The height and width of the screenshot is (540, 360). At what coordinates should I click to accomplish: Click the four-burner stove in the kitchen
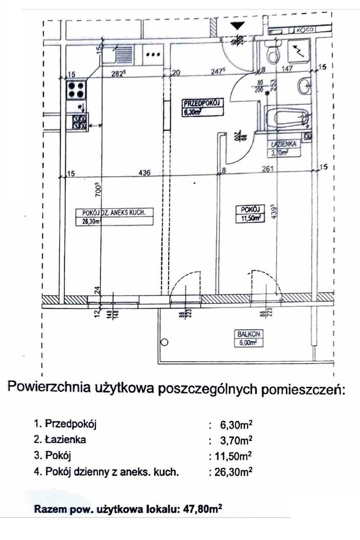[76, 90]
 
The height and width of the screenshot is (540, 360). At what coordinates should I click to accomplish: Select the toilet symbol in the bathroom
[273, 53]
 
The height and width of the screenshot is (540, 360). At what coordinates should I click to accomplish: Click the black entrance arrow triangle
[238, 25]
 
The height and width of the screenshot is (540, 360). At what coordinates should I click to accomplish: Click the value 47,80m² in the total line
[200, 510]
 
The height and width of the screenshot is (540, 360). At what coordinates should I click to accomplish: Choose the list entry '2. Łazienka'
[59, 439]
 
